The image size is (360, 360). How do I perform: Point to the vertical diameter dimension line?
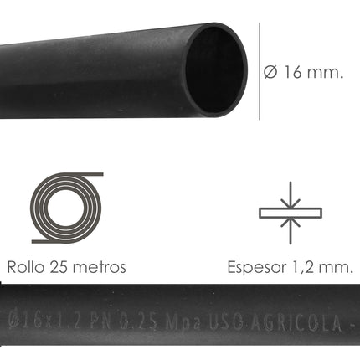pyautogui.click(x=260, y=72)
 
